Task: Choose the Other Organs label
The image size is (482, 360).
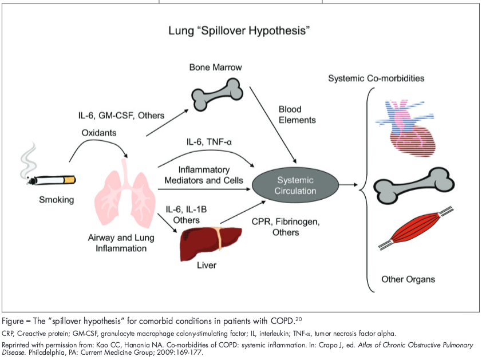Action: pyautogui.click(x=408, y=280)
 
